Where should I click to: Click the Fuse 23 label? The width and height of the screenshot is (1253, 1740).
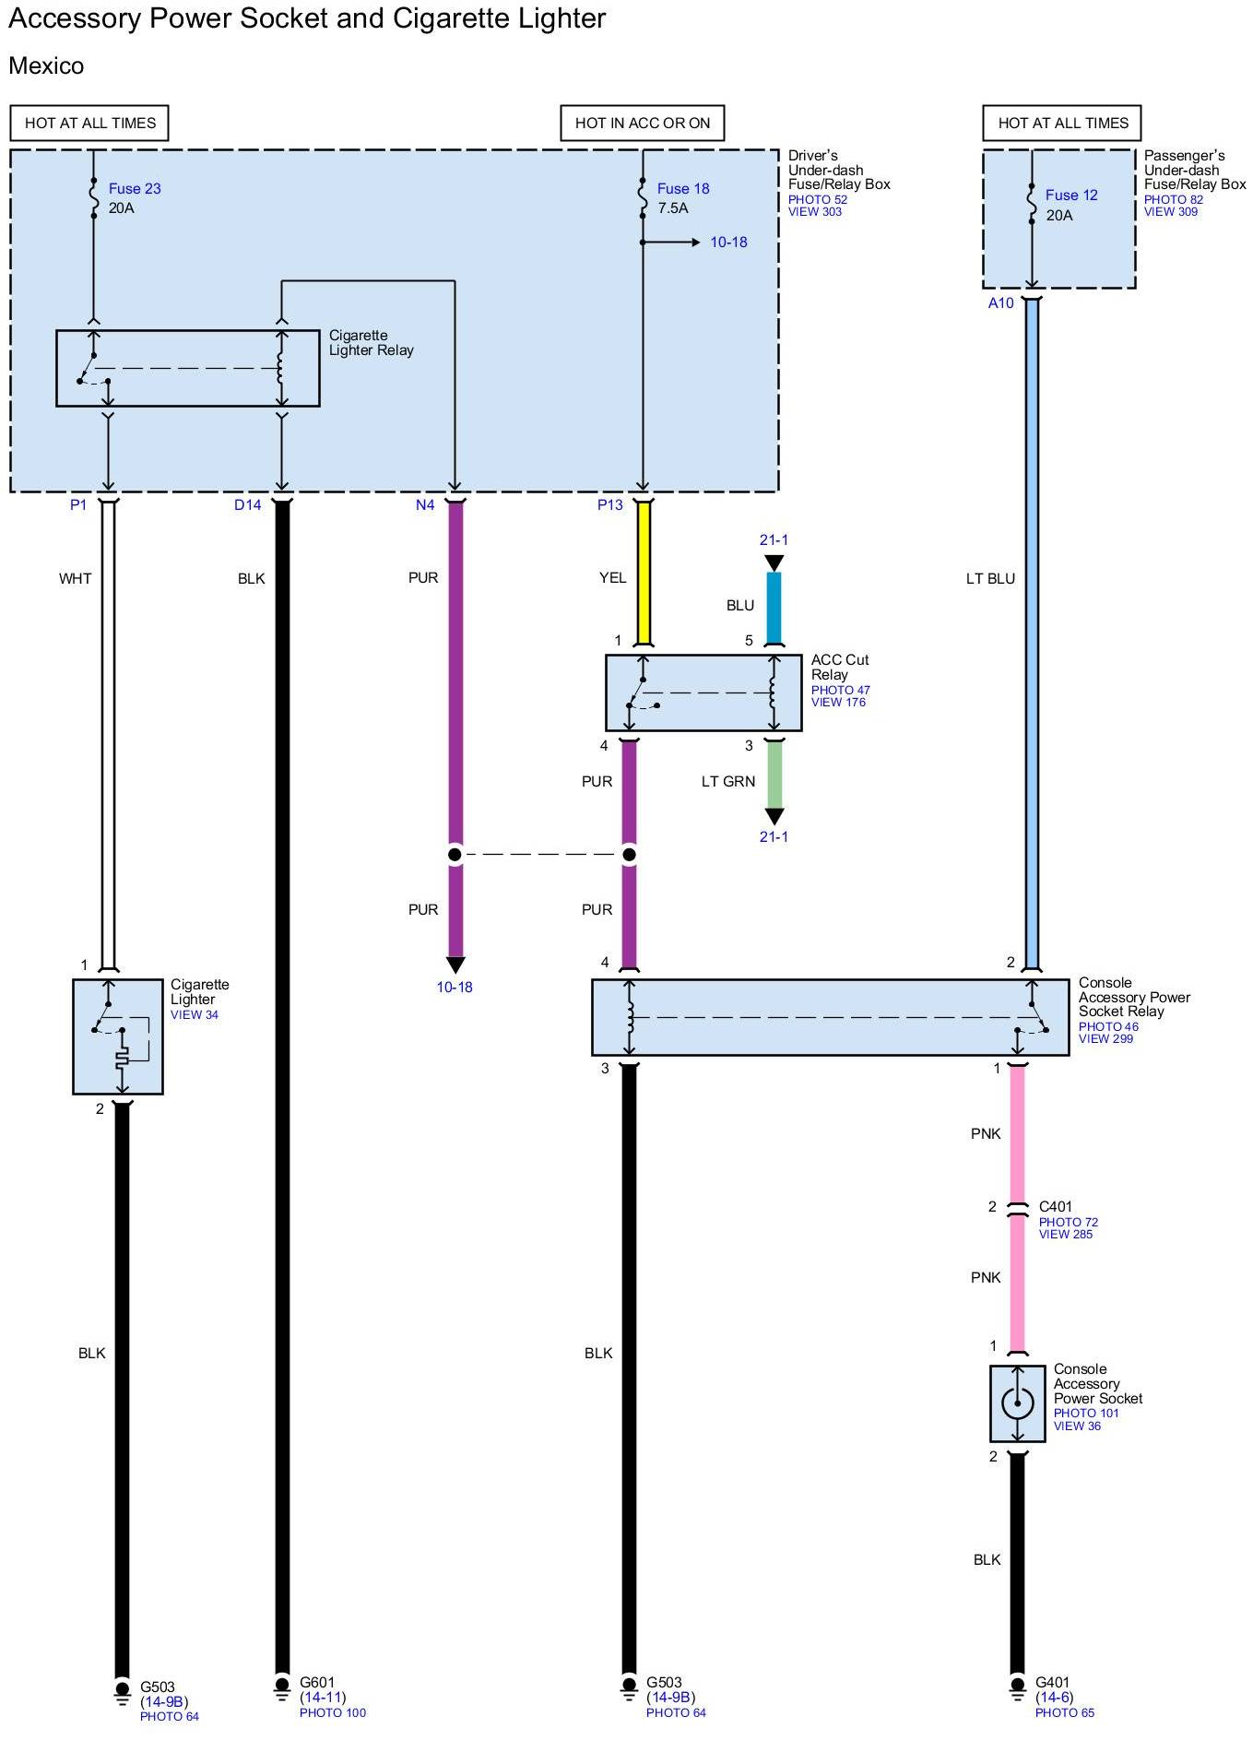[135, 188]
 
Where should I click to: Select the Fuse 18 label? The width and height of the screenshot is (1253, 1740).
[683, 188]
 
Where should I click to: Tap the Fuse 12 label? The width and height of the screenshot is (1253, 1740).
[1071, 195]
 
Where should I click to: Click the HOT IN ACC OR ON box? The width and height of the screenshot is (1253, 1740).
[643, 123]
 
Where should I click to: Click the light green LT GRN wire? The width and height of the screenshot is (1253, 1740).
[774, 774]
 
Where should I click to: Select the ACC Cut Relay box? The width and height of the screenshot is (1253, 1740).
[703, 692]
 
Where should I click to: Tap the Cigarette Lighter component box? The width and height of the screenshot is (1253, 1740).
[118, 1036]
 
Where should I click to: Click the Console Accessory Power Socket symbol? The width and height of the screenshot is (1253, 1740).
[1017, 1403]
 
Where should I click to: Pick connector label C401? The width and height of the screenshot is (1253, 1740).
[1056, 1206]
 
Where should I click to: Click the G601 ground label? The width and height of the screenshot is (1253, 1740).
[318, 1682]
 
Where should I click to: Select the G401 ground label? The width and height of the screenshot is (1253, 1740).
[1053, 1682]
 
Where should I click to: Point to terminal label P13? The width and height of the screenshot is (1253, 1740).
[610, 504]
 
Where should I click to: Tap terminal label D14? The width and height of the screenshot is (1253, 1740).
[248, 504]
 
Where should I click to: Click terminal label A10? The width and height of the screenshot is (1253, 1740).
[1000, 302]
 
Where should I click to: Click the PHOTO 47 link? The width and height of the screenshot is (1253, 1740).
[840, 690]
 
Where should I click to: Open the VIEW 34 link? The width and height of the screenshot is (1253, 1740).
[194, 1014]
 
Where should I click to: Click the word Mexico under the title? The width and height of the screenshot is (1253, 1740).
[46, 65]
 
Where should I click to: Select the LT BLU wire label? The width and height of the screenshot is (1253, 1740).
[990, 578]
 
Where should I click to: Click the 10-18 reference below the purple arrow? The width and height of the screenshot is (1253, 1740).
[455, 987]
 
